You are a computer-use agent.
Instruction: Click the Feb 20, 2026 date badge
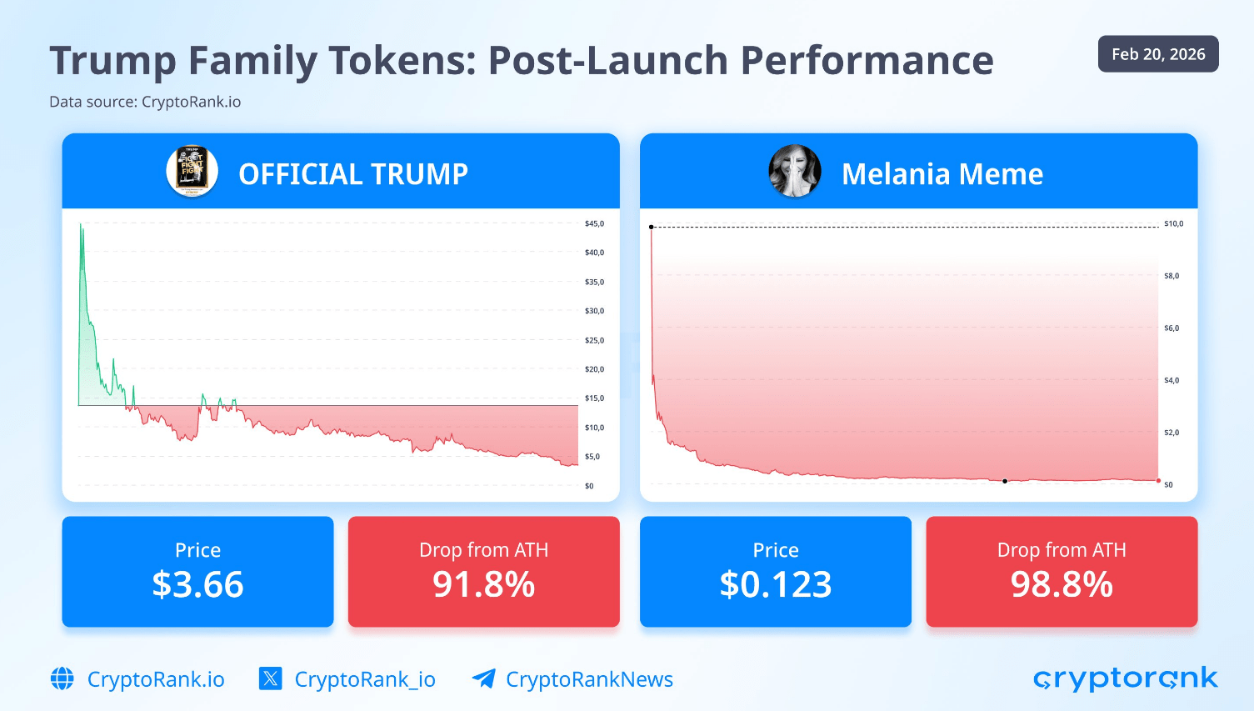[x=1157, y=54]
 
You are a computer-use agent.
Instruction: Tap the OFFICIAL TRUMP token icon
[x=192, y=172]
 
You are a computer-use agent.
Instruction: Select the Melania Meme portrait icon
[x=794, y=171]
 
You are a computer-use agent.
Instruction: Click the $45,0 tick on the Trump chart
[x=594, y=223]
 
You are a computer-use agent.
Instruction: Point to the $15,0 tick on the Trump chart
[x=594, y=398]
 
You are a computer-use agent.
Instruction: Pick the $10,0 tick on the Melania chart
[x=1173, y=223]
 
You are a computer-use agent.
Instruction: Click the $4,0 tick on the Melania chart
[x=1172, y=380]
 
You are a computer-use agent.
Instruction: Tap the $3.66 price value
[x=197, y=584]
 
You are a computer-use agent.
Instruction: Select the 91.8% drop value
[x=483, y=584]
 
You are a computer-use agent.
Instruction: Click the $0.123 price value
[x=776, y=584]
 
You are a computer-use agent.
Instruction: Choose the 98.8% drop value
[x=1062, y=584]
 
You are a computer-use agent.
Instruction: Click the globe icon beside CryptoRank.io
[x=62, y=679]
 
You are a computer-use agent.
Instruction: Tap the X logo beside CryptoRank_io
[x=270, y=678]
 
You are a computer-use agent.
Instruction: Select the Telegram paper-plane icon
[x=483, y=678]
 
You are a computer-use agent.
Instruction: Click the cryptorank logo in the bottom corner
[x=1125, y=678]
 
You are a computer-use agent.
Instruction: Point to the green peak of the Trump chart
[x=81, y=224]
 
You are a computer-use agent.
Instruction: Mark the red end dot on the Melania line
[x=1158, y=480]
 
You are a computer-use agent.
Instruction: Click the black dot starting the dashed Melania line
[x=652, y=227]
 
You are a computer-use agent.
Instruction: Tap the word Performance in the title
[x=867, y=61]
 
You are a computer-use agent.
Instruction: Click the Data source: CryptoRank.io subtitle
[x=145, y=102]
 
